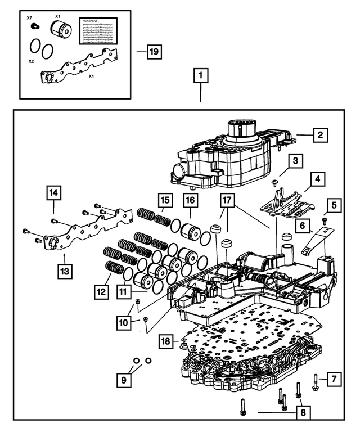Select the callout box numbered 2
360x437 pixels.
click(x=319, y=135)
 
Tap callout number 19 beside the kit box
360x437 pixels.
click(x=154, y=52)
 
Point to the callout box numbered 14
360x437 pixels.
click(x=53, y=193)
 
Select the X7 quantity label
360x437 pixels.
click(x=30, y=19)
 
